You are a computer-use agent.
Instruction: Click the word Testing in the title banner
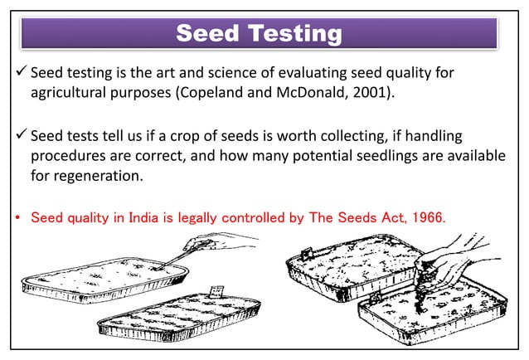[x=290, y=34]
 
